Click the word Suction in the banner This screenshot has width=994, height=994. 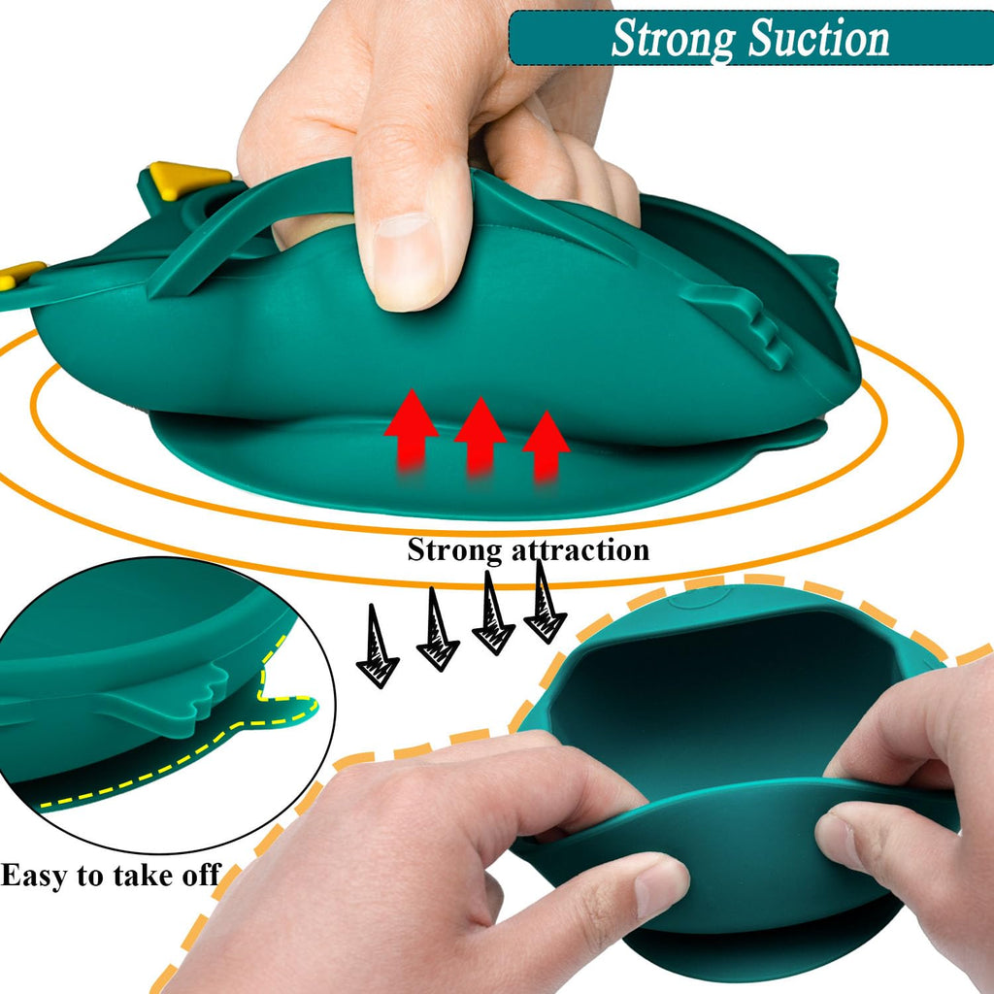click(x=819, y=38)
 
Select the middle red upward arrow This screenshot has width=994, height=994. click(x=480, y=435)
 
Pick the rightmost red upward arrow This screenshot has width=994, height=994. click(x=546, y=446)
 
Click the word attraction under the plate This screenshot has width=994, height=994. click(x=581, y=549)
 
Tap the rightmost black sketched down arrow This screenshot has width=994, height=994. click(x=545, y=602)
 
